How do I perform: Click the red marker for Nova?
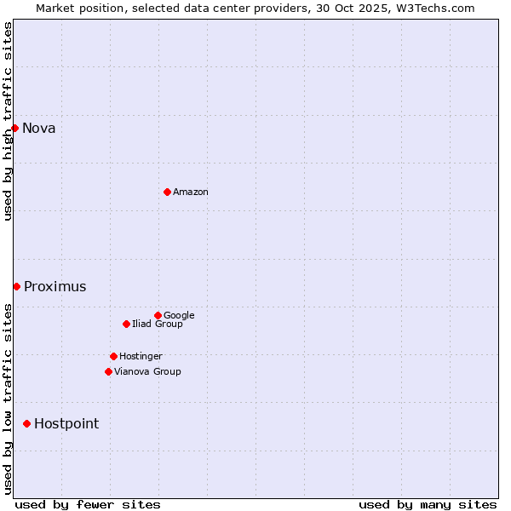(14, 128)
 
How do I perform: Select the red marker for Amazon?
(167, 192)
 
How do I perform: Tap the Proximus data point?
(16, 286)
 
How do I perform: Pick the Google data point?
(158, 315)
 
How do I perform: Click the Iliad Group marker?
(126, 324)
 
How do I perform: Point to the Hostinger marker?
(113, 356)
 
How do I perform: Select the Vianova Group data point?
(108, 371)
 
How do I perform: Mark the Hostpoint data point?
(26, 423)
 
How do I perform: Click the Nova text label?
(39, 129)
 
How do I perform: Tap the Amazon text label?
(191, 192)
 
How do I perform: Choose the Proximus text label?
(55, 287)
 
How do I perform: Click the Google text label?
(179, 316)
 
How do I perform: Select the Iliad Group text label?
(158, 324)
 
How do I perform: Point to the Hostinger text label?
(141, 357)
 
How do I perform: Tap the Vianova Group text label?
(147, 372)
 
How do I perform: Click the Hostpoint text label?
(66, 424)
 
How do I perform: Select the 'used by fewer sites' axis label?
(88, 504)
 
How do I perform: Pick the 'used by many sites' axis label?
(428, 504)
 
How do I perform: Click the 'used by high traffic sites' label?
(8, 121)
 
